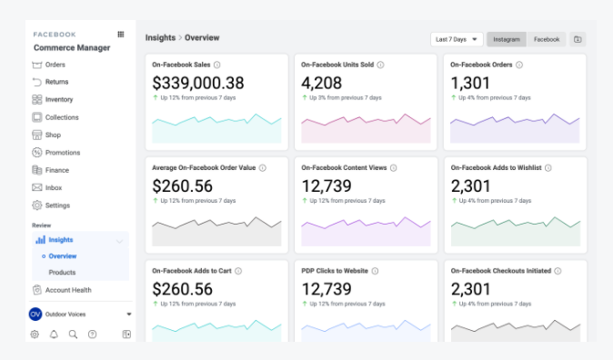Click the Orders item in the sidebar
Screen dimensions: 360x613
55,65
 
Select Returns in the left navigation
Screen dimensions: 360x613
56,82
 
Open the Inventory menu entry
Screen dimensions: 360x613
59,100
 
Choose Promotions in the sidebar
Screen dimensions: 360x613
62,153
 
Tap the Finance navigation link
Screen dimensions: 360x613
56,170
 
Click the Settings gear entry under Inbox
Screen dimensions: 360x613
56,205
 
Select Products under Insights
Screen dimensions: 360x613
62,272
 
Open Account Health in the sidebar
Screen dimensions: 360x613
68,290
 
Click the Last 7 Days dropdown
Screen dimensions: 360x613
456,39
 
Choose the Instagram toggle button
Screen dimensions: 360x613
507,39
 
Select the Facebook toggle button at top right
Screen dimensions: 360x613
547,39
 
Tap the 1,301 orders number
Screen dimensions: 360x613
472,83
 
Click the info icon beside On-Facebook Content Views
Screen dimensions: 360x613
394,167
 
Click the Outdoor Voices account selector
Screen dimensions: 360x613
80,314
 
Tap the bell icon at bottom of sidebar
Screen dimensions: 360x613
54,335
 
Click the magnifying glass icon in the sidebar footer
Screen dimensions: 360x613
73,335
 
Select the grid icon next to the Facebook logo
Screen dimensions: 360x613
121,35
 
